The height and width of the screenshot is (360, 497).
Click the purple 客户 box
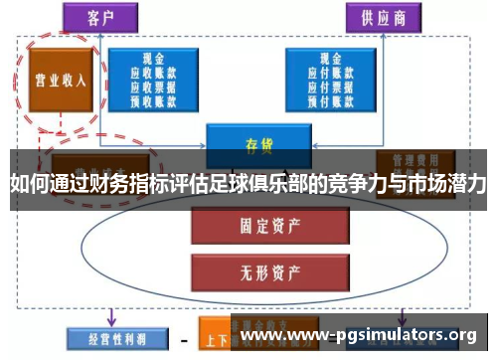point(99,16)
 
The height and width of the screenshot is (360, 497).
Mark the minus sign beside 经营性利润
point(184,338)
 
